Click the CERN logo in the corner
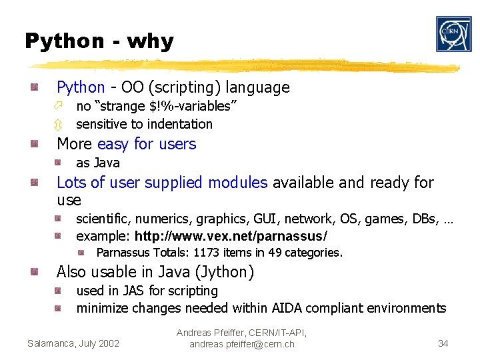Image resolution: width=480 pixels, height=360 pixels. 453,34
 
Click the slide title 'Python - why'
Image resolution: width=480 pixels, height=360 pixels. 99,41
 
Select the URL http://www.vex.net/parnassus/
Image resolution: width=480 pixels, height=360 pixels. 231,236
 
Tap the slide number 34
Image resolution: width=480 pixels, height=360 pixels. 443,343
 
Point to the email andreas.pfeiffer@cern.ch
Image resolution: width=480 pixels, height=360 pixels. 241,344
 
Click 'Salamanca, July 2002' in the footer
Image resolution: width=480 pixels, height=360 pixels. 73,343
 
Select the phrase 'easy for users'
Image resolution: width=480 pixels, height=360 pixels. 147,144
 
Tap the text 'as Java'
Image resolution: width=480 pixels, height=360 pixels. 98,163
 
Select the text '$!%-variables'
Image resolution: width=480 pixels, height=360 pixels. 191,106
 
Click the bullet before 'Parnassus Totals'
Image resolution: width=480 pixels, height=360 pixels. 80,253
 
